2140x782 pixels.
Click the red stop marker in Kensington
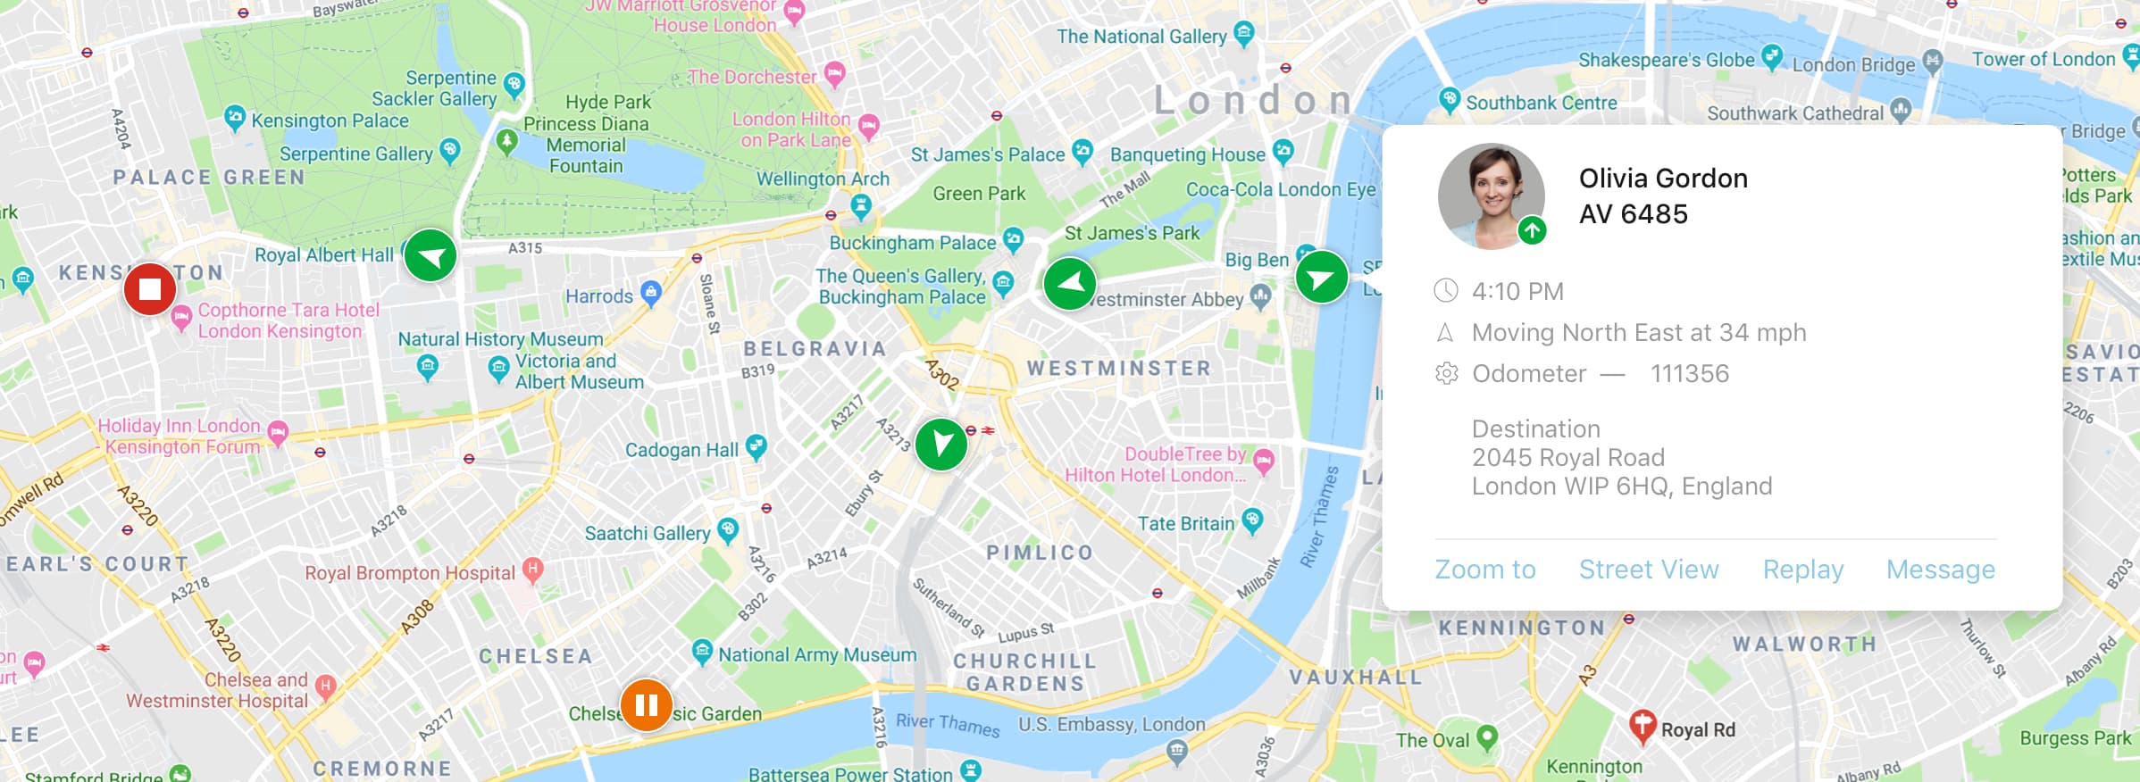(149, 288)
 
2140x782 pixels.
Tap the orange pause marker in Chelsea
(646, 705)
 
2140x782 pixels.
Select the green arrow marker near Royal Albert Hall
(431, 256)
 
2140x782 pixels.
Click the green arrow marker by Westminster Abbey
(1069, 284)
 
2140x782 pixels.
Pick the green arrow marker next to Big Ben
(1321, 278)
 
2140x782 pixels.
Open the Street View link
(1648, 570)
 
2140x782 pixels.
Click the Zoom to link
(1484, 570)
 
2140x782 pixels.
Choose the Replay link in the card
(1802, 570)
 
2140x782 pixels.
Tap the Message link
(1940, 570)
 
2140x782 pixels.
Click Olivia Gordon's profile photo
(1490, 195)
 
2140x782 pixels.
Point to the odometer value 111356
(1689, 373)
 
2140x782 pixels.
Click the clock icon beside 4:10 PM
(1445, 291)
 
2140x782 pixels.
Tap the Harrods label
(599, 296)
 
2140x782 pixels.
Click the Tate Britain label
(1186, 524)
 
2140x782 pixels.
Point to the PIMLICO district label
(1040, 553)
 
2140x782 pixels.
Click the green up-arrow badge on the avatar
(1532, 230)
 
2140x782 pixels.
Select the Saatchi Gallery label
(648, 534)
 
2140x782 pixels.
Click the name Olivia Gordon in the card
(1662, 179)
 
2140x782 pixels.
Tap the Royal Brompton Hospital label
(410, 573)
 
